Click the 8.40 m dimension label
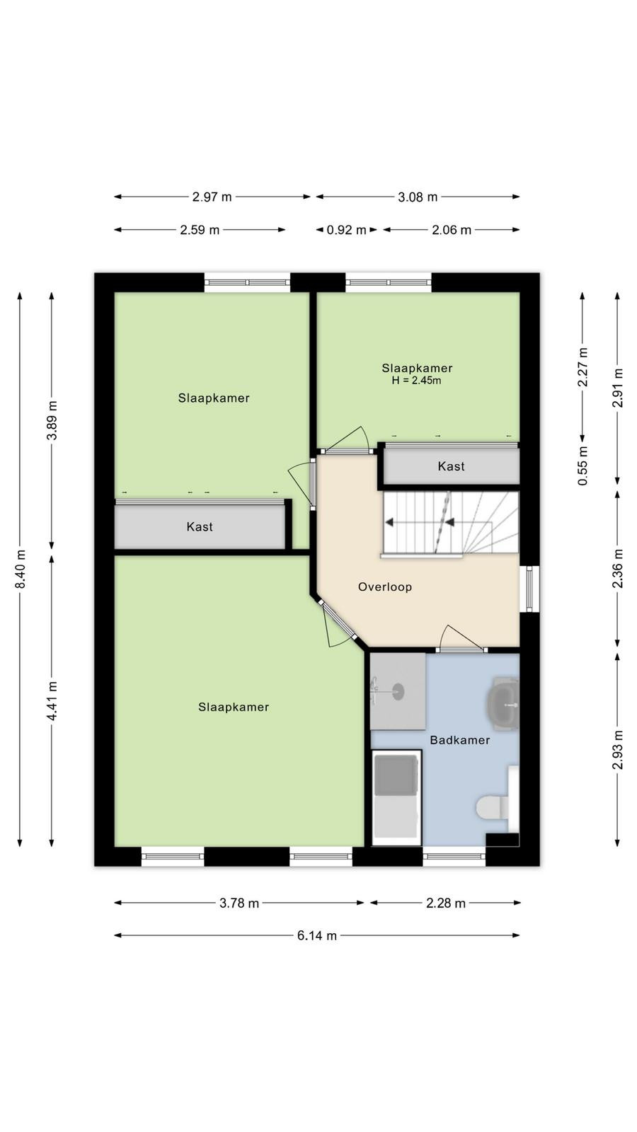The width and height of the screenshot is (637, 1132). [20, 569]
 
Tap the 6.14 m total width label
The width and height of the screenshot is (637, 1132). [317, 935]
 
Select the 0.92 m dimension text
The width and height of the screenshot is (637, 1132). [346, 230]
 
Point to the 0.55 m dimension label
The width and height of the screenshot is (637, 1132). [583, 466]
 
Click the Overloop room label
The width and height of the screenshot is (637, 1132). [385, 587]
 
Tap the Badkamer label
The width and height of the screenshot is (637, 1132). [460, 740]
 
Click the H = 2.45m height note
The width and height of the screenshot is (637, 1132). [417, 381]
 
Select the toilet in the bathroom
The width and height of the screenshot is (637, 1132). [493, 807]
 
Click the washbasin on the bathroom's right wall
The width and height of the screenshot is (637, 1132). [503, 704]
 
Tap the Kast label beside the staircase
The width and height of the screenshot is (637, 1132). [452, 466]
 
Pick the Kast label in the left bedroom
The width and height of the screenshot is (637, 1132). [200, 526]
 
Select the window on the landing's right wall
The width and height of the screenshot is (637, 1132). [529, 589]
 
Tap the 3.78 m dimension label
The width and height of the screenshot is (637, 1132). [239, 903]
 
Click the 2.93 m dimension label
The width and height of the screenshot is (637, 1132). [617, 749]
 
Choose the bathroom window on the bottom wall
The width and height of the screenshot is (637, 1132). [454, 856]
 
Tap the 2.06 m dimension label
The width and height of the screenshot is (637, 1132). [452, 230]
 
